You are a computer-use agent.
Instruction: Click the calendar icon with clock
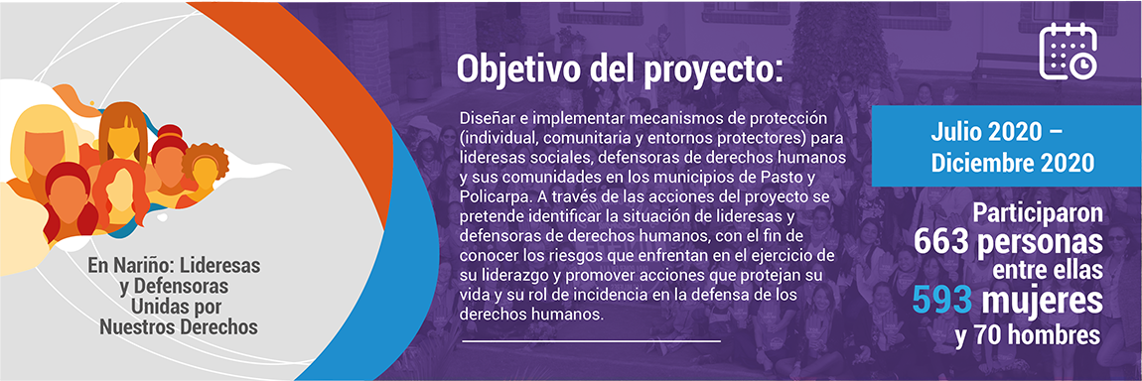pyautogui.click(x=1068, y=51)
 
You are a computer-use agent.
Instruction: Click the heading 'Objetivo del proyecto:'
pyautogui.click(x=619, y=69)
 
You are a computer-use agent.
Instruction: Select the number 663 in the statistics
pyautogui.click(x=943, y=243)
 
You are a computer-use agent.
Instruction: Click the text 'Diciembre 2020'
pyautogui.click(x=1012, y=164)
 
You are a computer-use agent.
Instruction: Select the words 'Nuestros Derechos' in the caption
pyautogui.click(x=179, y=328)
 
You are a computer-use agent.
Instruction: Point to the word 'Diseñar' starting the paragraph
pyautogui.click(x=483, y=118)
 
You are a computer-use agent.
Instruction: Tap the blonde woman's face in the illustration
pyautogui.click(x=45, y=138)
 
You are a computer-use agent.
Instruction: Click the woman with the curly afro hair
pyautogui.click(x=205, y=169)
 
